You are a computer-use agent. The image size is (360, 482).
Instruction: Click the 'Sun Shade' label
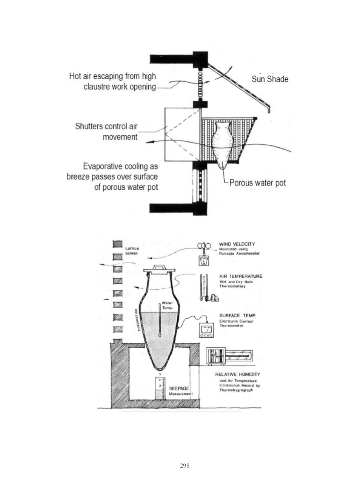tap(270, 79)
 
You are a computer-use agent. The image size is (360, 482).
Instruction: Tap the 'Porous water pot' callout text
tap(258, 183)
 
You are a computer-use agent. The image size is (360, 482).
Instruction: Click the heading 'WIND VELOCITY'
tap(237, 244)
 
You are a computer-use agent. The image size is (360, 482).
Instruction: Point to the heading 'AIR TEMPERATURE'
tap(241, 276)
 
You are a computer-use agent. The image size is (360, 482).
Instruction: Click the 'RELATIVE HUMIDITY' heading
tap(238, 374)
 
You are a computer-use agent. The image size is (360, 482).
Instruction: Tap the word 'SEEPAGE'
tap(179, 388)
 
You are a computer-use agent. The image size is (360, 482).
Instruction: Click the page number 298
tap(185, 465)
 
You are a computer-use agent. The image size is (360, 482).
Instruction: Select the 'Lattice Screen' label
tap(132, 250)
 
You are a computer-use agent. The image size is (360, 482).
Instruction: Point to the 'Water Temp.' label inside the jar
tap(167, 305)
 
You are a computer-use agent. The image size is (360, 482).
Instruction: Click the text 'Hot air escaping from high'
tap(112, 76)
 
